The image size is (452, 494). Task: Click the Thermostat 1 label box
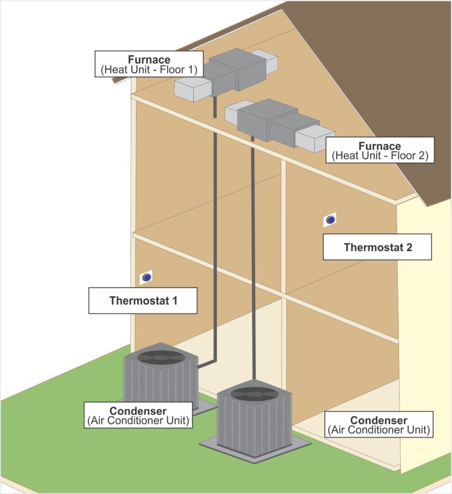pyautogui.click(x=143, y=301)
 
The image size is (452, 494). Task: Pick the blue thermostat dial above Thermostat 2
pyautogui.click(x=330, y=220)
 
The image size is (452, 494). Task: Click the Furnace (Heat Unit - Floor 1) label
pyautogui.click(x=149, y=64)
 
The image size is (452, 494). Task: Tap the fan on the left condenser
pyautogui.click(x=161, y=357)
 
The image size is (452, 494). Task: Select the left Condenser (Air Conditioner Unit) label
pyautogui.click(x=138, y=415)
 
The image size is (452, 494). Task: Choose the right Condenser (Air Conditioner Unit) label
pyautogui.click(x=378, y=425)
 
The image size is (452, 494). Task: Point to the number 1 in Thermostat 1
pyautogui.click(x=174, y=301)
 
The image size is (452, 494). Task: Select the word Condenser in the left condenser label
pyautogui.click(x=138, y=411)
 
